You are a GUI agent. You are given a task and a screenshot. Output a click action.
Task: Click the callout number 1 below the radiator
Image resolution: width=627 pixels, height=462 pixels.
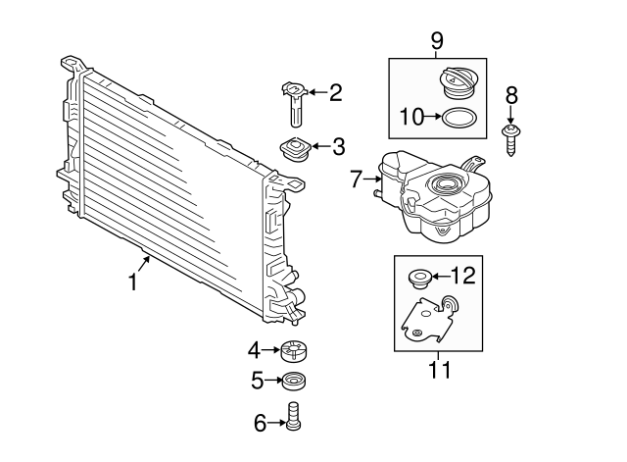133,282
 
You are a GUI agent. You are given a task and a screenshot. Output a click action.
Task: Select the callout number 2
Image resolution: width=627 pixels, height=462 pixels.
335,93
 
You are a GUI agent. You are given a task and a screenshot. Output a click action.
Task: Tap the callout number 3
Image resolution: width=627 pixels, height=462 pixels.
338,147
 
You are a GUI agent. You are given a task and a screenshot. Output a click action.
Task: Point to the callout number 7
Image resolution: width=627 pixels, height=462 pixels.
357,179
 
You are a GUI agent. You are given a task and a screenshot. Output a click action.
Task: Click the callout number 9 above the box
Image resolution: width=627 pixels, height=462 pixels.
436,40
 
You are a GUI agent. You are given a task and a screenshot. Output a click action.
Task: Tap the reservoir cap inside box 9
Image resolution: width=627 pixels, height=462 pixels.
458,82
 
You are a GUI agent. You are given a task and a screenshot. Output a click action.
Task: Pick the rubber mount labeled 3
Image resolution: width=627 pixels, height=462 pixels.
294,150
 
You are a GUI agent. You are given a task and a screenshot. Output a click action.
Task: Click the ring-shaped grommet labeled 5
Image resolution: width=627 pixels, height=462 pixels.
293,381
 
